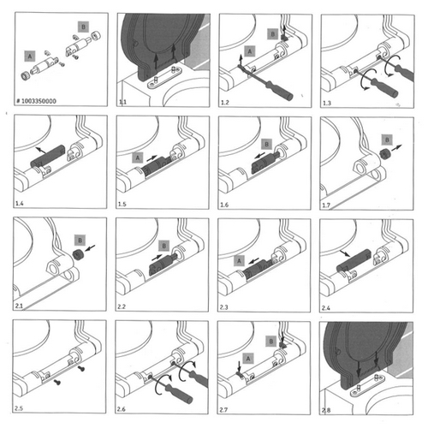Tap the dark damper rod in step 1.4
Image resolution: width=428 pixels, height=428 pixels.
(49, 157)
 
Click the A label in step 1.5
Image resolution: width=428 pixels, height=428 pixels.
(136, 158)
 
